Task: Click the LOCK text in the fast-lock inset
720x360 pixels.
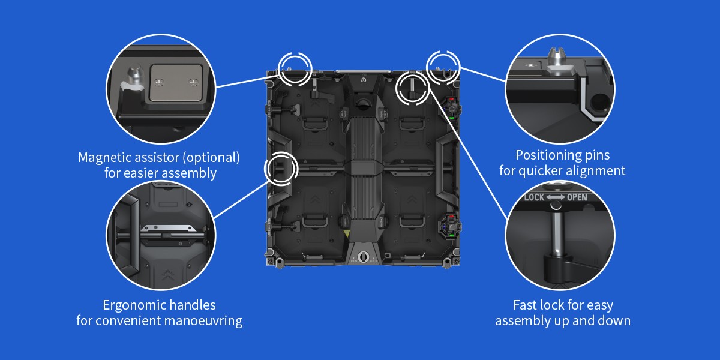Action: click(x=534, y=197)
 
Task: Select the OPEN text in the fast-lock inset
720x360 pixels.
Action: click(x=577, y=197)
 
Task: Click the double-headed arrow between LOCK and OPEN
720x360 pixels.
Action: click(x=556, y=197)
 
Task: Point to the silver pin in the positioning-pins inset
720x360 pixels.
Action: click(x=557, y=61)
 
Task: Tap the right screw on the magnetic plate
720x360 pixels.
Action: click(x=193, y=83)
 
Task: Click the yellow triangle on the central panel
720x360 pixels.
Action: click(x=347, y=233)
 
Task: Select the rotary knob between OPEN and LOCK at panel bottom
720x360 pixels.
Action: click(x=363, y=257)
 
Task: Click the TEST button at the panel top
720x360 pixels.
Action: click(x=364, y=80)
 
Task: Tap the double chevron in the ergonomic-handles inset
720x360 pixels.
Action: click(x=167, y=275)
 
